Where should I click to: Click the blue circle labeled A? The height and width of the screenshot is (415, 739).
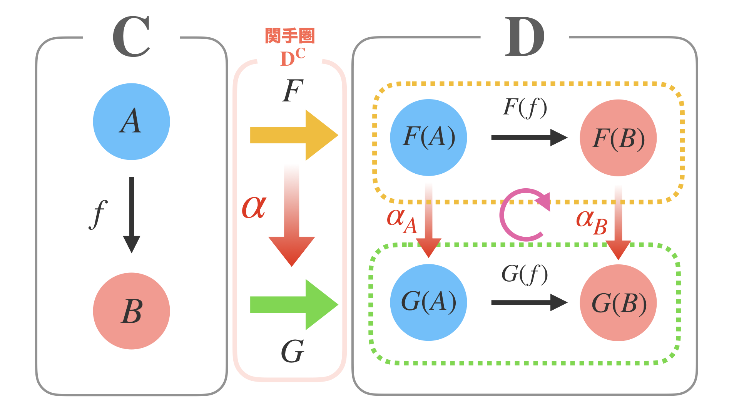click(x=131, y=121)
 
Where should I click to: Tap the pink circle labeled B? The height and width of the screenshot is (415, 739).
click(x=131, y=311)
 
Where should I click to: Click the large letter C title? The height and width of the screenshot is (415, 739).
click(x=131, y=37)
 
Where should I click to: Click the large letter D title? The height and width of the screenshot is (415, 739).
click(x=525, y=37)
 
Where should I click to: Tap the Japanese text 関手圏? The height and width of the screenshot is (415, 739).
click(x=290, y=36)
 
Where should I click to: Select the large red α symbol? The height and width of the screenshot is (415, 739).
click(x=254, y=207)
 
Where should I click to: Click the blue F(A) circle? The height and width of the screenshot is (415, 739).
click(x=428, y=137)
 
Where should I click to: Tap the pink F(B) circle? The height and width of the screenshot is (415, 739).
click(x=618, y=138)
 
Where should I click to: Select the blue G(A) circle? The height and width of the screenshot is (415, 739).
click(x=428, y=302)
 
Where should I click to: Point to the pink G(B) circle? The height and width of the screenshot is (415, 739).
click(x=618, y=303)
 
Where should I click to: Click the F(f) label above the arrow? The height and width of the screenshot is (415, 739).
click(x=525, y=107)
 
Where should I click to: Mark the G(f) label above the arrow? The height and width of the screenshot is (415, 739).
click(x=525, y=274)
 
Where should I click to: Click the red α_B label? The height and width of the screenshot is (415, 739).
click(x=592, y=222)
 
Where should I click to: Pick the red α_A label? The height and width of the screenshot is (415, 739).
click(x=402, y=221)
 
